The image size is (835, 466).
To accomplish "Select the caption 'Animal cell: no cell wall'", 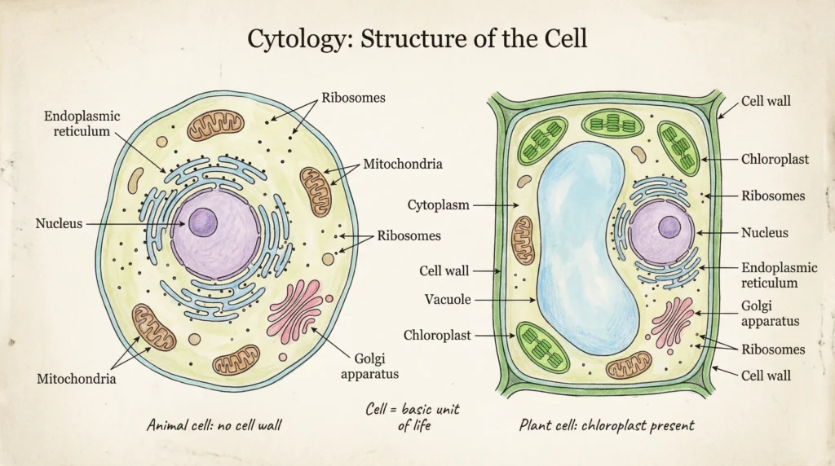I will point(219,425).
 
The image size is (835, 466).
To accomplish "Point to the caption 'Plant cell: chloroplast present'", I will point(607,425).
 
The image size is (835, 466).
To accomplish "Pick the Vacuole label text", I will point(448,300).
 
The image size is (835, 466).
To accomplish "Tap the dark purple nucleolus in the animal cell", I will point(203,222).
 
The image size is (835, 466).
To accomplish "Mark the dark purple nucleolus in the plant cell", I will point(669,226).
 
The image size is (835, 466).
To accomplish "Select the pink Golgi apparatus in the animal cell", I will point(295,310).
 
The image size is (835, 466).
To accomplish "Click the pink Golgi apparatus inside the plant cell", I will point(672,321).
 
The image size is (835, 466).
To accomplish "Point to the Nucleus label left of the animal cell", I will point(59,223).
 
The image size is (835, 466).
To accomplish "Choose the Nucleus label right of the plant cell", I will point(764,233).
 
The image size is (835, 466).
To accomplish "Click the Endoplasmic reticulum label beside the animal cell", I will point(82,124).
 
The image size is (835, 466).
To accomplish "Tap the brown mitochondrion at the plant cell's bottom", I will point(628,364).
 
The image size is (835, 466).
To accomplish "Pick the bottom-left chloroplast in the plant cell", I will point(544,345).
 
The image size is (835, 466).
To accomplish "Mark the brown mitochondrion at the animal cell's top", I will point(215,126).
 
